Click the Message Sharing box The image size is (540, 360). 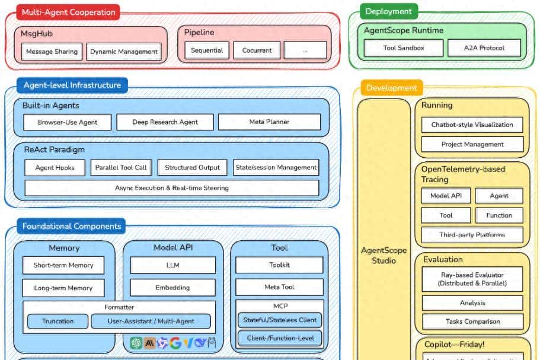point(52,52)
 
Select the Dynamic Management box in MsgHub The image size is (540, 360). point(124,52)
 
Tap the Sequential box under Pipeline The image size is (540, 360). point(207,50)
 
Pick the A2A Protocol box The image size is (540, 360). point(484,48)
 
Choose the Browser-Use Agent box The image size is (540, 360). point(66,123)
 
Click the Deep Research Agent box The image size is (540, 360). point(165,122)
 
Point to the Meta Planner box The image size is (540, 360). point(269,122)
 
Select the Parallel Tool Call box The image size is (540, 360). point(121,167)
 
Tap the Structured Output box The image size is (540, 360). point(192,167)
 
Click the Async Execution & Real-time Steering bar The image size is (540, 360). point(171,188)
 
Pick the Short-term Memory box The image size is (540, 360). point(63,265)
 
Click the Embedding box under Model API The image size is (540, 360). point(172,288)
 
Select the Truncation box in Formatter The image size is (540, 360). point(57,321)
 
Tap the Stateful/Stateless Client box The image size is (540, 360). point(280,320)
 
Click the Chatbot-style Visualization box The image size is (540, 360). point(472,125)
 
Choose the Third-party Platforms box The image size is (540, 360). point(472,235)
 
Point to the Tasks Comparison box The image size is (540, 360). point(472,322)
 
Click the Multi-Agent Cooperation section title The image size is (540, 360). point(68,12)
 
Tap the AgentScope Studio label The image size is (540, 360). point(384,255)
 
